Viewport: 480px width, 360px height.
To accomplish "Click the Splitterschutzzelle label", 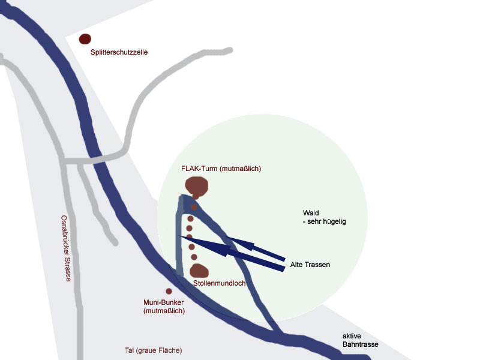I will point(119,53).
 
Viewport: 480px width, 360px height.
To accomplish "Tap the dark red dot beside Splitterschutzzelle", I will point(85,39).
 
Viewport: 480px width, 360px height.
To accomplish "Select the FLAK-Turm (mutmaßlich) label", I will point(221,169).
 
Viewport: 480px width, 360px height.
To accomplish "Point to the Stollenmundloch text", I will point(220,283).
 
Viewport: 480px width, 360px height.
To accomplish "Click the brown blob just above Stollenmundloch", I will point(199,271).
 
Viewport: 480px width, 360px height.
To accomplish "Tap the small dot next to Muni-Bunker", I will point(169,291).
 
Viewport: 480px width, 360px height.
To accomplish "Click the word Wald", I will point(311,213).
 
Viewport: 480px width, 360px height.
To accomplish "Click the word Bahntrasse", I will point(361,345).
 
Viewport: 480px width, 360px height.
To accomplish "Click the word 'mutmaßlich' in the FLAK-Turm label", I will point(241,169).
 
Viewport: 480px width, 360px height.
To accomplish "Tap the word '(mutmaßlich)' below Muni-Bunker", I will point(164,311).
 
